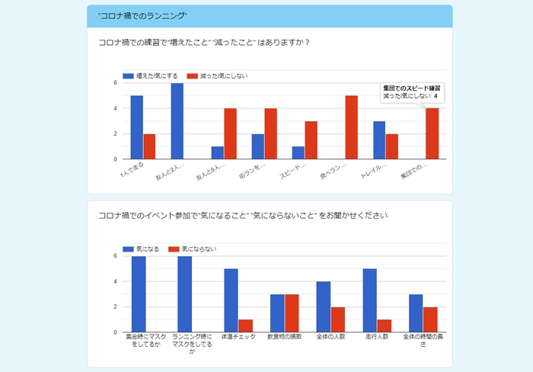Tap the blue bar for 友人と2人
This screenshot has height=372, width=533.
pos(177,121)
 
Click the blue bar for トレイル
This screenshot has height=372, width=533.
pos(379,140)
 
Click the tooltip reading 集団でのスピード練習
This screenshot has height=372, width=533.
pos(412,92)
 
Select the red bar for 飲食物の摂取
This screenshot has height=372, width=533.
pos(292,313)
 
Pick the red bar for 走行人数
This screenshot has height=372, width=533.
pos(384,326)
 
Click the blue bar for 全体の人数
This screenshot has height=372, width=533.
pos(324,307)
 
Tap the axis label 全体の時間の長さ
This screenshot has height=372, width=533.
pos(423,340)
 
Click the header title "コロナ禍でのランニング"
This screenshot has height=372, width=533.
pos(142,16)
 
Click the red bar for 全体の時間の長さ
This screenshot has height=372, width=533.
pos(430,319)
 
